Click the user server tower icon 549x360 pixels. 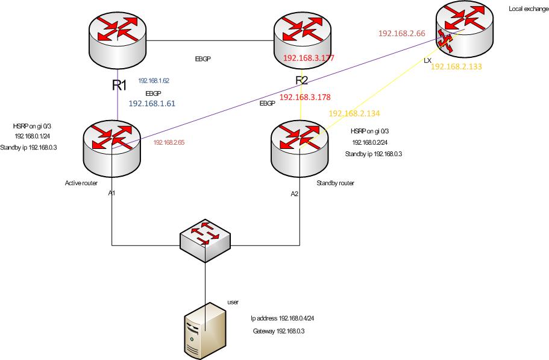(x=204, y=330)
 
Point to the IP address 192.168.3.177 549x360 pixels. (x=309, y=58)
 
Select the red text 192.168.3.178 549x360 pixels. (x=304, y=96)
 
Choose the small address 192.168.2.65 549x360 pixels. (x=168, y=142)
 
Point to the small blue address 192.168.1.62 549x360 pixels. (x=153, y=80)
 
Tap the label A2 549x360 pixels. (x=295, y=194)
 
